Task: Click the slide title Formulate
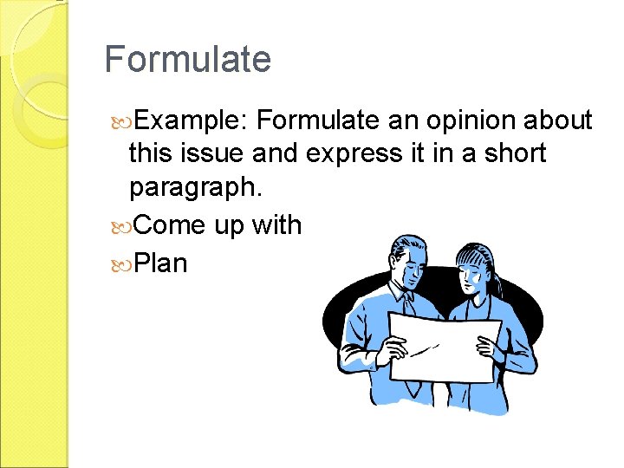click(187, 60)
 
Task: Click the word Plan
click(161, 263)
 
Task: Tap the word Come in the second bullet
click(170, 225)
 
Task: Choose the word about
click(558, 120)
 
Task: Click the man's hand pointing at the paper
click(395, 350)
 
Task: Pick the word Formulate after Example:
click(320, 120)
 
